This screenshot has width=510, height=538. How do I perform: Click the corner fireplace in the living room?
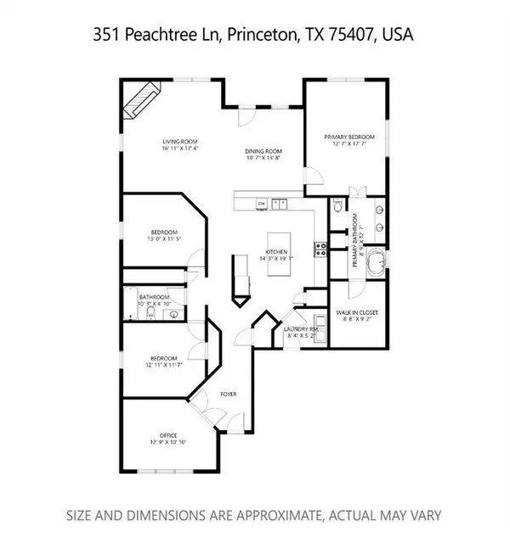tap(142, 100)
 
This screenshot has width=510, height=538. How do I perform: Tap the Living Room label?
tap(180, 142)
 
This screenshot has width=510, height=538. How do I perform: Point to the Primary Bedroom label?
tap(348, 136)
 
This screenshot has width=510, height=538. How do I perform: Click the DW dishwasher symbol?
tap(262, 204)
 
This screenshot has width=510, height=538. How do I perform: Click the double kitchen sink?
tap(281, 204)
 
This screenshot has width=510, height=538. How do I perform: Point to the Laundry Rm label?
tap(301, 328)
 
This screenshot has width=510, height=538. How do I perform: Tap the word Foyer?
tap(228, 395)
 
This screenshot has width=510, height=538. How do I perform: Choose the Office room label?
tap(168, 435)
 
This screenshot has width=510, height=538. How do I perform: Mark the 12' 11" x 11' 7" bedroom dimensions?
tap(164, 366)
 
